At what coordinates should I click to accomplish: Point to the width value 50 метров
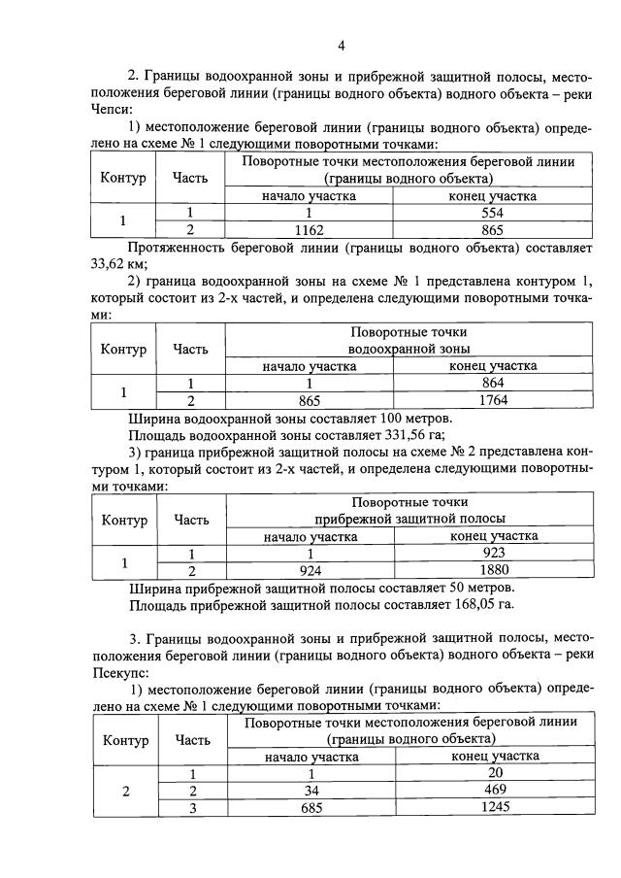[x=470, y=588]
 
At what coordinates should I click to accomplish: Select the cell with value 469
[x=495, y=791]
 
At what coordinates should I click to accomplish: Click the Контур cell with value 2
[x=123, y=791]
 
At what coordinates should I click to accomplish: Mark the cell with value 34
[x=310, y=791]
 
